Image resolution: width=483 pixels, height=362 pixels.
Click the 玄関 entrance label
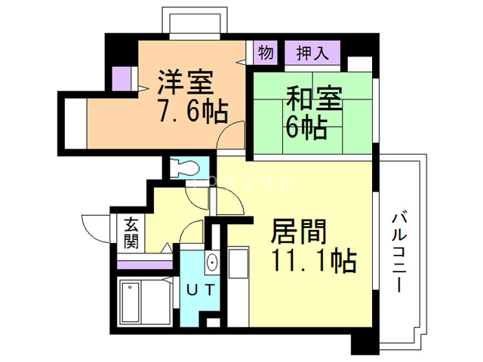131,233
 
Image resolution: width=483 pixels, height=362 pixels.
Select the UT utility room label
199,288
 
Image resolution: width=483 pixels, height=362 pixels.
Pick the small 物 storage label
265,54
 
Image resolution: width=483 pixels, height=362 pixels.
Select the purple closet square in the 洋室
121,78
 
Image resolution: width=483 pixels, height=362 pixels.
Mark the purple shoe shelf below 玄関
145,264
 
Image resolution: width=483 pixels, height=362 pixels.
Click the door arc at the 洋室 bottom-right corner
231,135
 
